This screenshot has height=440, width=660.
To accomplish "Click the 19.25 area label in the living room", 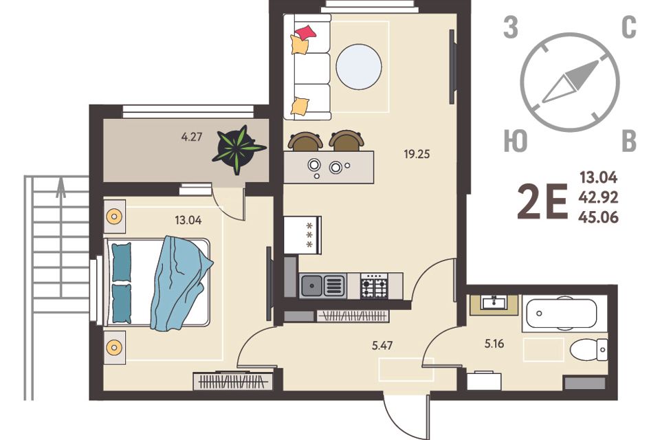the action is [417, 154].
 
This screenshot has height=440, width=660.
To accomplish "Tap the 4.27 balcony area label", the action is [192, 137].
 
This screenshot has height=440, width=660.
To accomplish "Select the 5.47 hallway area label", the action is [382, 346].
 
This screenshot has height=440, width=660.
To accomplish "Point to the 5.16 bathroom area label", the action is [494, 344].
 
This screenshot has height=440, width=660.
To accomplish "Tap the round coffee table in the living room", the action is [359, 67].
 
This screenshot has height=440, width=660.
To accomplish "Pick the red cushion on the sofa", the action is [305, 32].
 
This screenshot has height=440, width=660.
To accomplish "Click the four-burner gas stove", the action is [374, 286].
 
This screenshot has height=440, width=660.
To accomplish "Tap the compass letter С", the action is [629, 28].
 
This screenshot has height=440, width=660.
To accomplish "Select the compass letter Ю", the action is [516, 141].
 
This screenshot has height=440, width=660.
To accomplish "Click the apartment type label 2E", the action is [543, 203].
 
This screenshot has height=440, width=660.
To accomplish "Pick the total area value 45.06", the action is [599, 217].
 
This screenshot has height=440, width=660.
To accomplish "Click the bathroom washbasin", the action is [494, 302].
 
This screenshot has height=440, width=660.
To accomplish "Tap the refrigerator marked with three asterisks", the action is [302, 235].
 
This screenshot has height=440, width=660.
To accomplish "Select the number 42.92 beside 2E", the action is [599, 197].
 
